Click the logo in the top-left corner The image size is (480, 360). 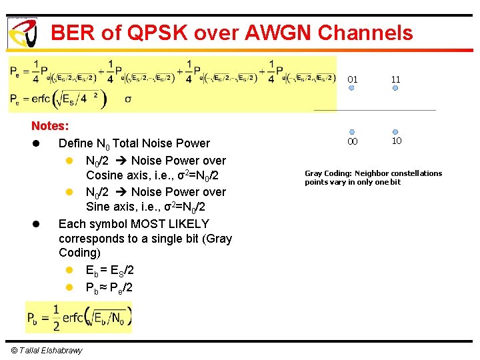[x=22, y=33]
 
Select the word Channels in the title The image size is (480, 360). [x=366, y=33]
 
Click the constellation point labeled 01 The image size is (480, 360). [x=352, y=88]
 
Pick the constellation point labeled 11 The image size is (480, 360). [x=395, y=88]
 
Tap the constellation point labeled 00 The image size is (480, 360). [x=352, y=132]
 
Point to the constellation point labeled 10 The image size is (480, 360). [x=395, y=132]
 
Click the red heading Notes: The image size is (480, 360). [x=49, y=126]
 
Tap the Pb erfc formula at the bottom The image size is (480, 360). [x=79, y=317]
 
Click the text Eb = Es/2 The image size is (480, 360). [x=110, y=270]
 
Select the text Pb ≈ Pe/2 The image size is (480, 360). [x=110, y=287]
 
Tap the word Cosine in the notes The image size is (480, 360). [x=105, y=175]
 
